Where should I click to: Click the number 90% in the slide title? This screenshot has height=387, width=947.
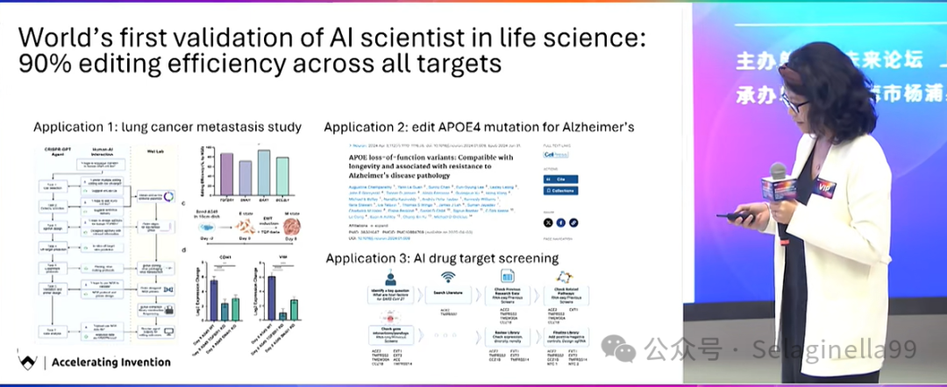point(45,64)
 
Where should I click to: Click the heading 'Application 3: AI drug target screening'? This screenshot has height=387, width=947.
point(442,258)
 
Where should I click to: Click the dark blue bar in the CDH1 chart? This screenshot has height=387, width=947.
point(213,298)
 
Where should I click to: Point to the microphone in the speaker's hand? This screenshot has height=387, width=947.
point(777,178)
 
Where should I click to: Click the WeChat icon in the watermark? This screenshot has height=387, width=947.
point(624,351)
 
